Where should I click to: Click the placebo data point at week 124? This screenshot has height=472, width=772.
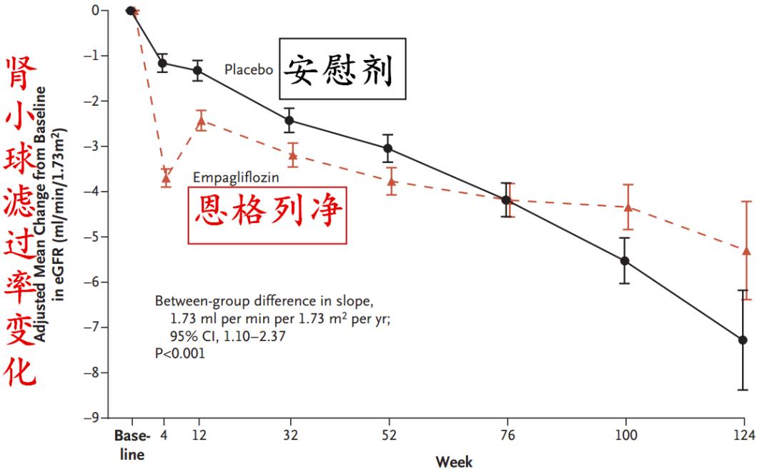(743, 340)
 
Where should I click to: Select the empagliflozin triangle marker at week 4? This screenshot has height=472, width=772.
(166, 176)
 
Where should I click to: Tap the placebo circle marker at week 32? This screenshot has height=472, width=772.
(289, 120)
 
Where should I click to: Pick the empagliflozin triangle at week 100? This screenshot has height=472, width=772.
(628, 207)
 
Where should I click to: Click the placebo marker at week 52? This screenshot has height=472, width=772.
(388, 148)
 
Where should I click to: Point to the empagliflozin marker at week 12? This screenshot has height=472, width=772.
(201, 122)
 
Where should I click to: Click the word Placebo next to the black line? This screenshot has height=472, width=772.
(249, 70)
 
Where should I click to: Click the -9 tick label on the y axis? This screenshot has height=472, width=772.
(94, 418)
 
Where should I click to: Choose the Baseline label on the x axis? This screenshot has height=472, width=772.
(132, 445)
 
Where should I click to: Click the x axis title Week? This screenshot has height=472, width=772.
(454, 461)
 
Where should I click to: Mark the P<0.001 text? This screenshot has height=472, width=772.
(180, 353)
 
